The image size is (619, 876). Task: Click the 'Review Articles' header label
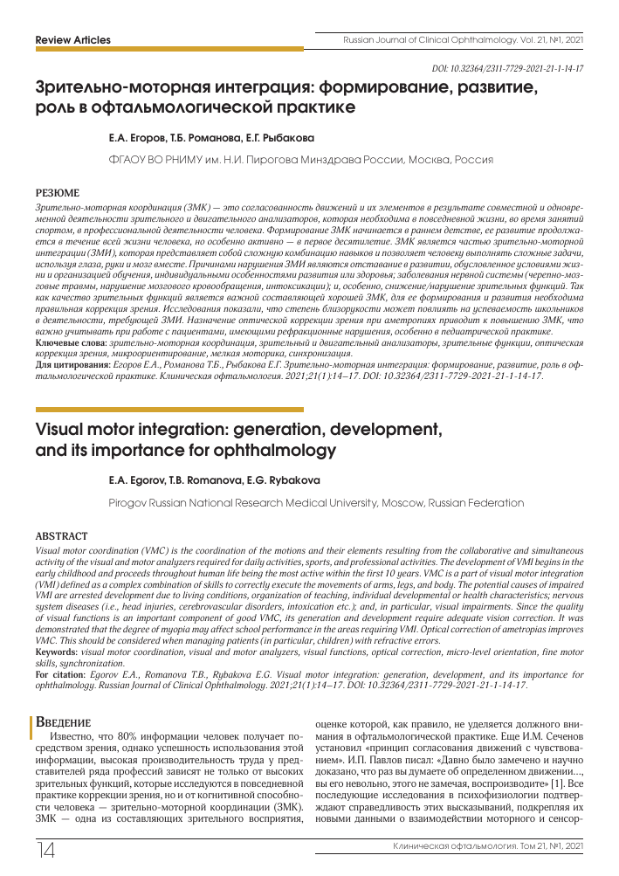(72, 40)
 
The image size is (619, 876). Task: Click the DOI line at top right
(508, 68)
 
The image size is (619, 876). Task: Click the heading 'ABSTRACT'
(61, 535)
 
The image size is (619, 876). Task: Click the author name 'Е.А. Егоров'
(134, 138)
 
